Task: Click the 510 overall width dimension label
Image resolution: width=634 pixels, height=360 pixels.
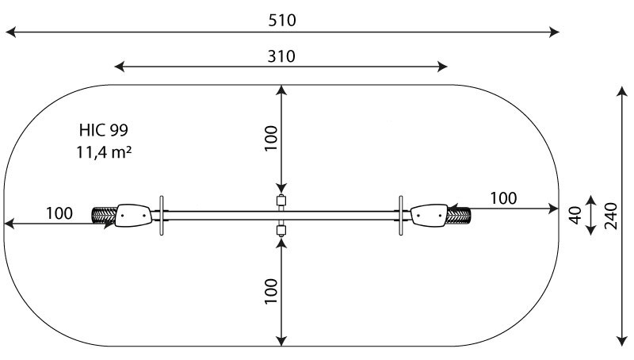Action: coord(282,21)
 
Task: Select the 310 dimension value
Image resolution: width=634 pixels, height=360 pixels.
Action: coord(281,56)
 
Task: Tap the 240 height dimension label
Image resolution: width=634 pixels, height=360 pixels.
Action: coord(610,216)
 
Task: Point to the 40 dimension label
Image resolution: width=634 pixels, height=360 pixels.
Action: coord(575,215)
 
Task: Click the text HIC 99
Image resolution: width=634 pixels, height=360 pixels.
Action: coord(104,130)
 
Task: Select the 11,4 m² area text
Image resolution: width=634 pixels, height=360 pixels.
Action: coord(104,152)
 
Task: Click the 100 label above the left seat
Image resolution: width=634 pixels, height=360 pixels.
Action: coord(59,213)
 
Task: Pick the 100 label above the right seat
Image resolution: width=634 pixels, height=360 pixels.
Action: coord(503,198)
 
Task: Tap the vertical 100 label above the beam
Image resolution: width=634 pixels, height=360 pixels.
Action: coord(271,138)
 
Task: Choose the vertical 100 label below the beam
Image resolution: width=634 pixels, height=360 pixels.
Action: coord(271,291)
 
